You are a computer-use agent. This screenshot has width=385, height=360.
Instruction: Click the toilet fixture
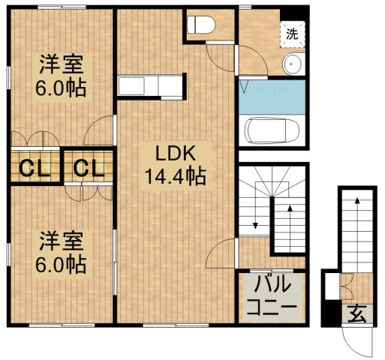(200, 25)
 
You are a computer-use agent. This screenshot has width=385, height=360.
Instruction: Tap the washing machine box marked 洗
(291, 33)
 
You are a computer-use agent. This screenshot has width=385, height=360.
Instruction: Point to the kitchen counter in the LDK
(150, 86)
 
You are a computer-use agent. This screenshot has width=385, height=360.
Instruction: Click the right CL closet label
(87, 167)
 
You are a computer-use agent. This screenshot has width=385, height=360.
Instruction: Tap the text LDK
(175, 154)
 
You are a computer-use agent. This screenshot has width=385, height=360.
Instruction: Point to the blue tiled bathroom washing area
(272, 96)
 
